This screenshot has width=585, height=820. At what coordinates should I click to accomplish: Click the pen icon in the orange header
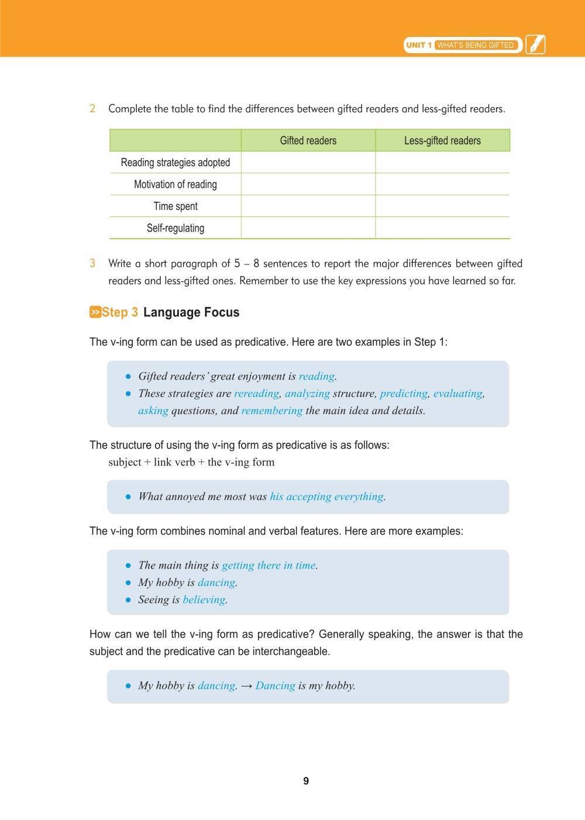[535, 44]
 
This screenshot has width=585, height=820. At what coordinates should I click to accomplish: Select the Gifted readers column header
[308, 140]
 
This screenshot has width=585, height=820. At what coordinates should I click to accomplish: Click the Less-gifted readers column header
[442, 140]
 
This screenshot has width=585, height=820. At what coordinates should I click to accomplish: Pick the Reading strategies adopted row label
[175, 163]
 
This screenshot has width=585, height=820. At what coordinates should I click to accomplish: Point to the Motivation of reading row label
[175, 184]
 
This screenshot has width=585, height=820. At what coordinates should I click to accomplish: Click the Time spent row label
[175, 206]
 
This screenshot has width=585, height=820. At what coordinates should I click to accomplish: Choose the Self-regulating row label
[175, 228]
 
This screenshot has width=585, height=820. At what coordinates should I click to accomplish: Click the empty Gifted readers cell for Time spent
[308, 206]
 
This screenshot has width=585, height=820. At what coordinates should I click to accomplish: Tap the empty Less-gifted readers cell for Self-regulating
[442, 228]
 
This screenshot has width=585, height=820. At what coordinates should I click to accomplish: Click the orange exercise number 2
[92, 108]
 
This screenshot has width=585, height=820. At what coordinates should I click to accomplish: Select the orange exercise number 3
[92, 263]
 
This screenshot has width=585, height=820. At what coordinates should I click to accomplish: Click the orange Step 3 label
[119, 312]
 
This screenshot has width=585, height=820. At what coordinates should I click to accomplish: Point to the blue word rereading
[256, 394]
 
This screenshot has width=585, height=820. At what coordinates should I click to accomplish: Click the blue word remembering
[271, 411]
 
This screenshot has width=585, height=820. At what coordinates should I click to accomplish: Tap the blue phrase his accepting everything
[326, 497]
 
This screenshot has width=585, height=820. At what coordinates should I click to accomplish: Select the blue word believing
[204, 600]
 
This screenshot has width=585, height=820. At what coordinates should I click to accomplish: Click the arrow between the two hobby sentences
[246, 685]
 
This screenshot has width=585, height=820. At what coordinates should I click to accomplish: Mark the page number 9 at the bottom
[306, 781]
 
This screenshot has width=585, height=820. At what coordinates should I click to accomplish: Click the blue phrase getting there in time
[269, 565]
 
